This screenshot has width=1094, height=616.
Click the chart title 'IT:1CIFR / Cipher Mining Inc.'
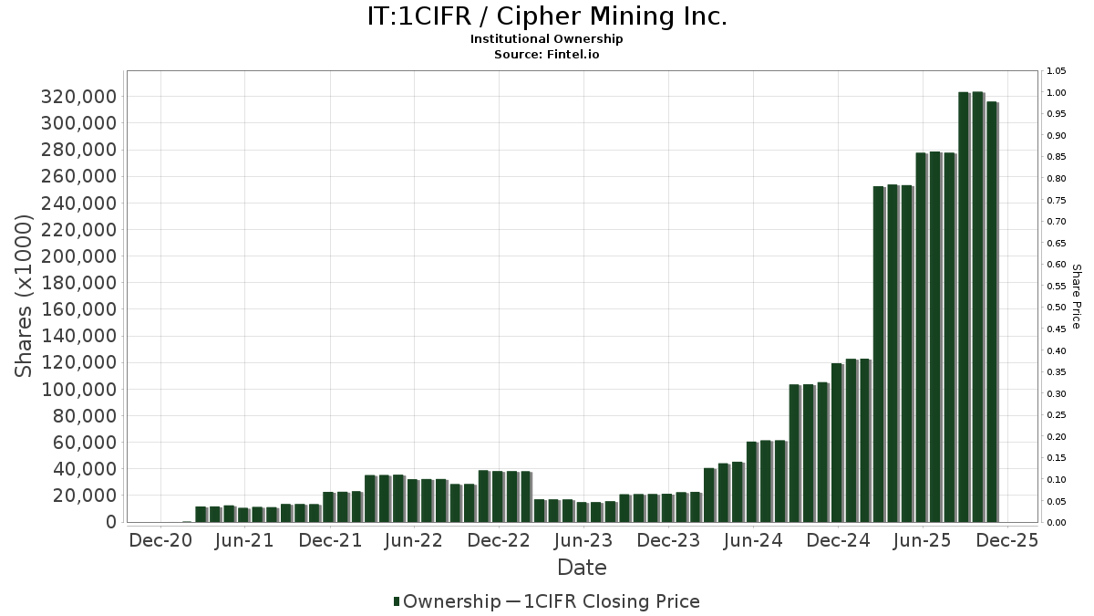pyautogui.click(x=546, y=16)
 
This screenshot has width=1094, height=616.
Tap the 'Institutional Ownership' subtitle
pyautogui.click(x=546, y=39)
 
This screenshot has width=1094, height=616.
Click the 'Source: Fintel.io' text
pyautogui.click(x=546, y=55)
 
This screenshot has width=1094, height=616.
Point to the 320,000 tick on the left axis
pyautogui.click(x=78, y=97)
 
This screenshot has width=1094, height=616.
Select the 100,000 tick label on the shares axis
pyautogui.click(x=78, y=390)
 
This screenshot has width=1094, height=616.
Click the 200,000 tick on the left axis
pyautogui.click(x=78, y=256)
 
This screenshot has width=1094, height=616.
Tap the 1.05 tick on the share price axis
pyautogui.click(x=1057, y=71)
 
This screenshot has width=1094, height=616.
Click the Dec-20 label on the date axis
pyautogui.click(x=160, y=540)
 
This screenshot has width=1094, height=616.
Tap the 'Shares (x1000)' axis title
pyautogui.click(x=25, y=296)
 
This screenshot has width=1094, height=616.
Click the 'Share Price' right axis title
pyautogui.click(x=1076, y=296)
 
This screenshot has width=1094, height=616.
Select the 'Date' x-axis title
pyautogui.click(x=582, y=568)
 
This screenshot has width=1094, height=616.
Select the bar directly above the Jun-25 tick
pyautogui.click(x=922, y=337)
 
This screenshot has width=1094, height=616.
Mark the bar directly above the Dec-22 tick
pyautogui.click(x=498, y=496)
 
